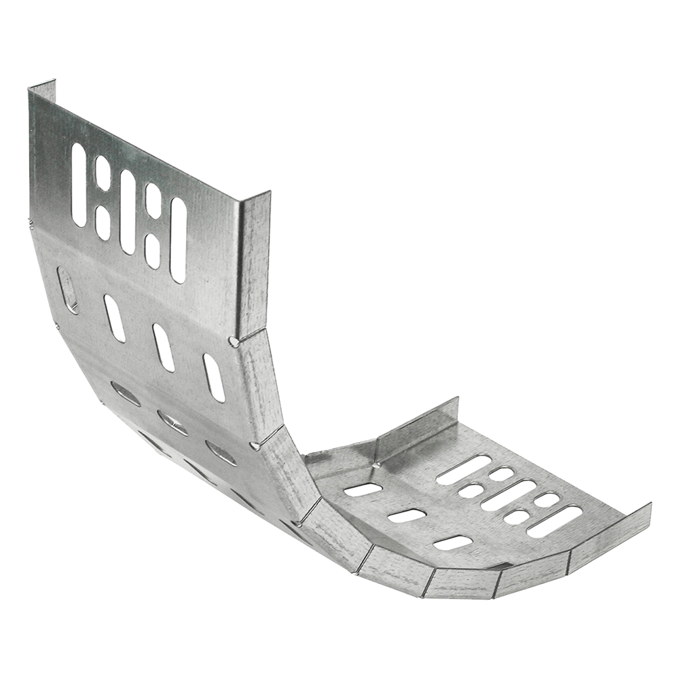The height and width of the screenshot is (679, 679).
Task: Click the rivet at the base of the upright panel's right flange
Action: click(x=234, y=342)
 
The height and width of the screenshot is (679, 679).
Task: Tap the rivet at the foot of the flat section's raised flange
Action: click(x=375, y=465)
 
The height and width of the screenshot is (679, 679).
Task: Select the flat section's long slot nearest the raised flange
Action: click(x=464, y=469)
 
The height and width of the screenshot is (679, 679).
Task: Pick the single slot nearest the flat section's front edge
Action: click(x=452, y=543)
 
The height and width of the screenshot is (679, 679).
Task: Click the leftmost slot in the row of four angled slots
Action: click(x=68, y=291)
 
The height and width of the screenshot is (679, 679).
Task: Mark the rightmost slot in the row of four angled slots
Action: click(x=214, y=378)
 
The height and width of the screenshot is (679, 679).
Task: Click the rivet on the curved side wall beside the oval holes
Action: click(x=254, y=445)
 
